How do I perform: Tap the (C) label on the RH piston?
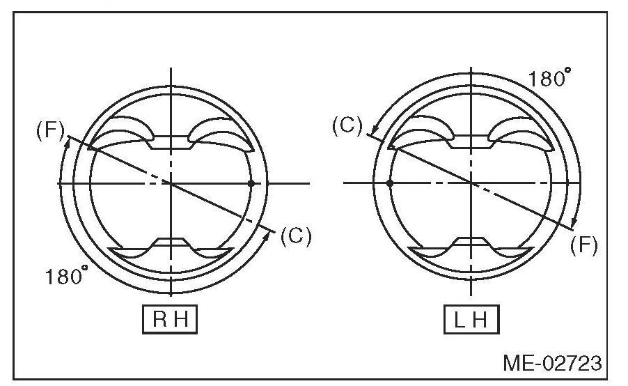coord(295,236)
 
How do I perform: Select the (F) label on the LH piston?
coord(583,245)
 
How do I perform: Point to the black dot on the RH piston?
coord(251,183)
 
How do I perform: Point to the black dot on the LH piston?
coord(390,183)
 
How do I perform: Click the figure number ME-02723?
coord(551,363)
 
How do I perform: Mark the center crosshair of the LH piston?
coord(471,183)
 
